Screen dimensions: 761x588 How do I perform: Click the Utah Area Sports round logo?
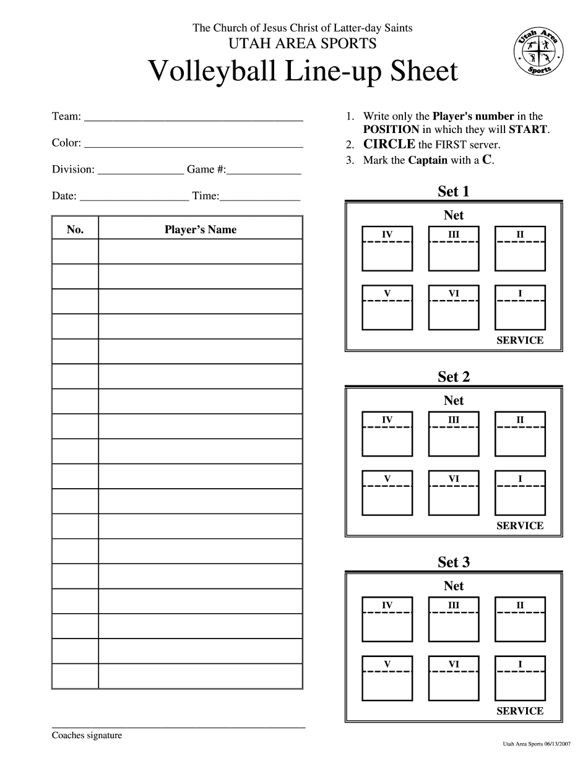540,53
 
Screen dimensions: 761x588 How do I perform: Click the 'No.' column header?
75,230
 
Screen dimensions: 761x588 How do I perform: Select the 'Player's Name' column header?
201,230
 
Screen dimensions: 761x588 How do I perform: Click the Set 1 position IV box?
387,249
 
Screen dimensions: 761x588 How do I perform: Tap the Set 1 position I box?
520,307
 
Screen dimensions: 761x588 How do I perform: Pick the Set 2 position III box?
454,434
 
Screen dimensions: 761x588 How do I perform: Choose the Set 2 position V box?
387,493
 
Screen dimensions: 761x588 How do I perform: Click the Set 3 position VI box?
454,679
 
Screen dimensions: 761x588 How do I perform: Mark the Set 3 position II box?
520,619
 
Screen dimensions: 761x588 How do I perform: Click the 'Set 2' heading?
454,377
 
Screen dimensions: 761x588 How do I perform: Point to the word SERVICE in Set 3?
520,711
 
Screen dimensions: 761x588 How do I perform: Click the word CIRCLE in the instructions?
389,144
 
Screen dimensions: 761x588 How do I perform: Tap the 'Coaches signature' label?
87,736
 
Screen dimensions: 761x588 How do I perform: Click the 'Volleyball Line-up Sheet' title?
303,72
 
